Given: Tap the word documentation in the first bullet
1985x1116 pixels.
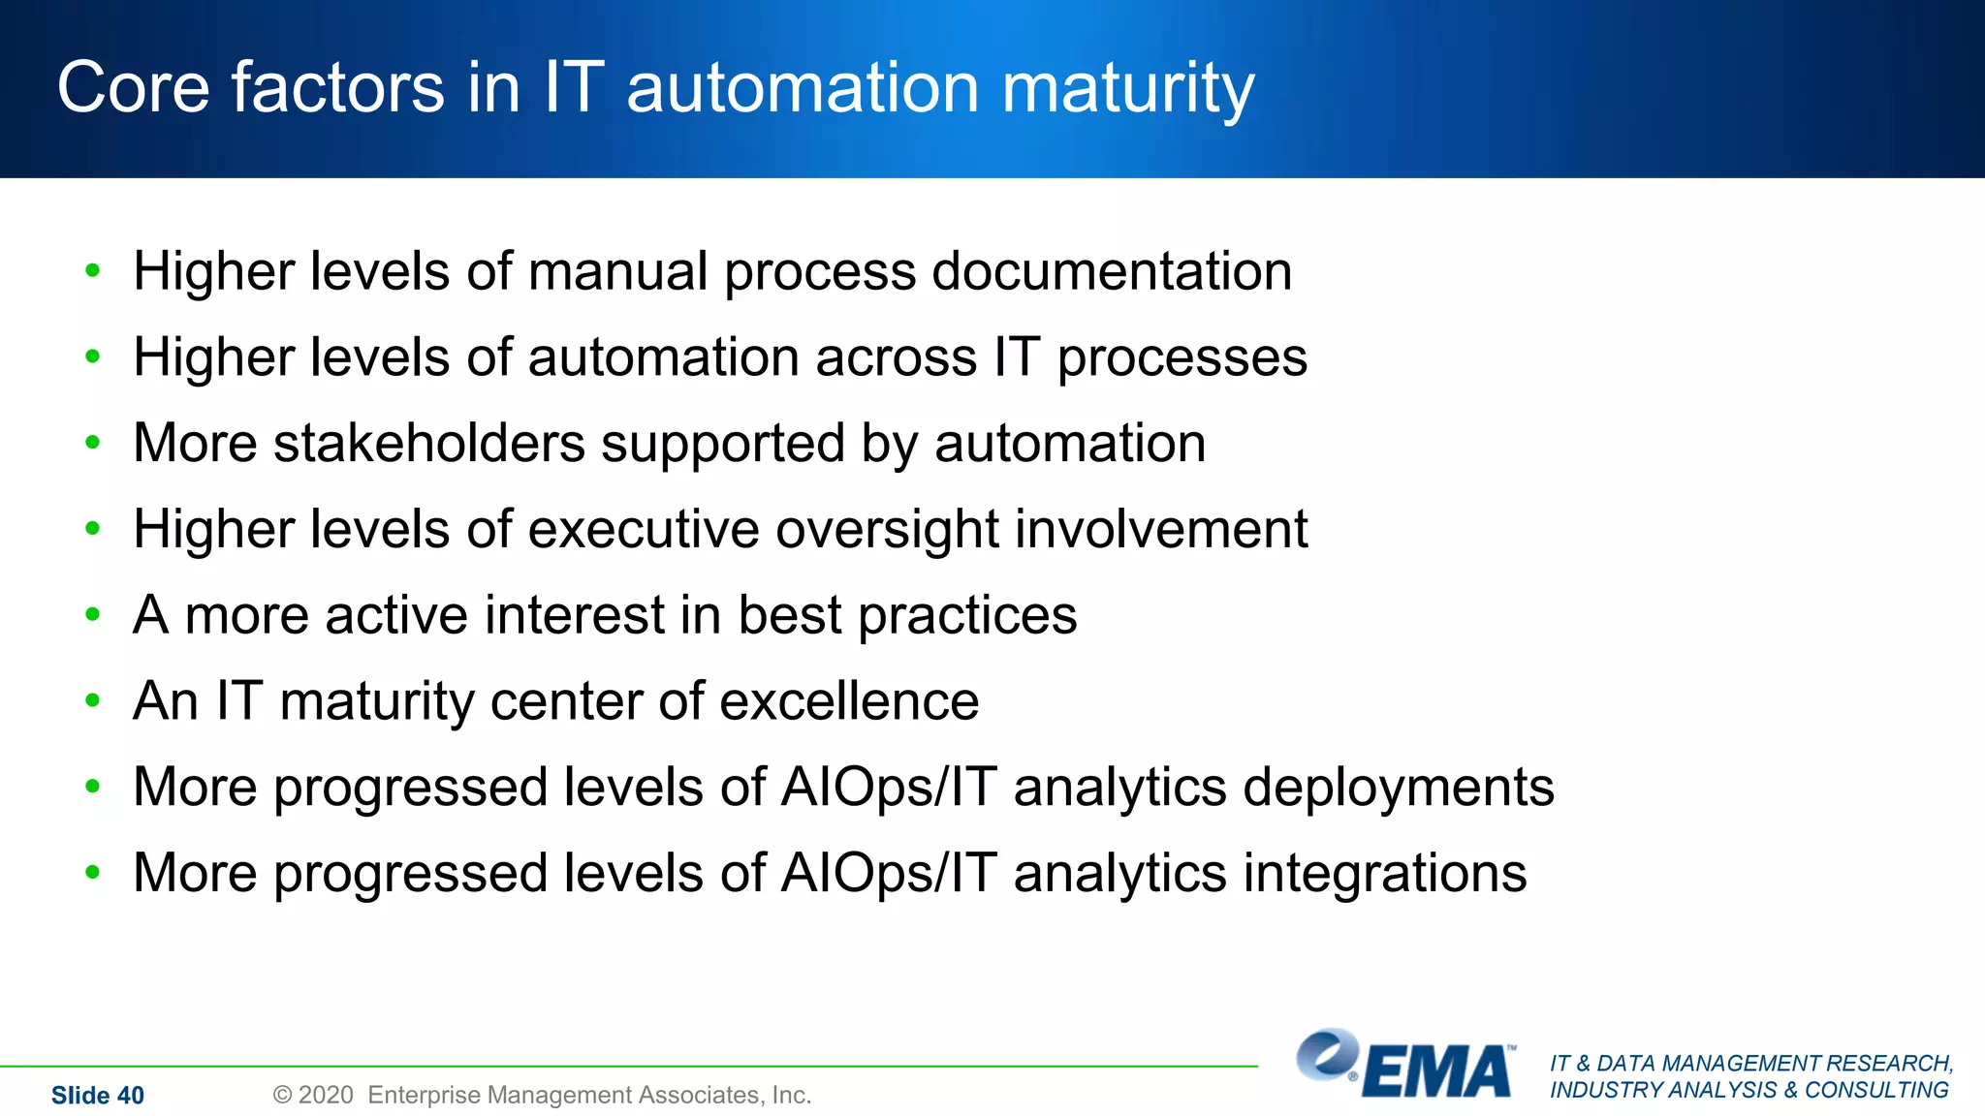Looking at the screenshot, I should point(1112,271).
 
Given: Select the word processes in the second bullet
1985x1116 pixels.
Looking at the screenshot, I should point(1182,358).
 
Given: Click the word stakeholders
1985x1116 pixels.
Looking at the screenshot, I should point(428,444).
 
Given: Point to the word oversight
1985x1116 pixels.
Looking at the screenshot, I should point(887,531).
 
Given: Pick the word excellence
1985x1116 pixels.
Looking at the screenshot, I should point(849,701).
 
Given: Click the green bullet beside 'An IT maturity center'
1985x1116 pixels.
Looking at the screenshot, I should point(93,700).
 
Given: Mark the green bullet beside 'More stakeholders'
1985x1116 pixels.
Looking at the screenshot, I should point(93,444).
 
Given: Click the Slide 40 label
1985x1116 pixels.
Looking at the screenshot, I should point(97,1096).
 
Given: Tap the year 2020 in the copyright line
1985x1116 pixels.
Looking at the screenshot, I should point(326,1096).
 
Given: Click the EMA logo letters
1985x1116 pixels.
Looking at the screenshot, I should point(1437,1072).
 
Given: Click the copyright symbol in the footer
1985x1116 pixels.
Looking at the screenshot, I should point(282,1096).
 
